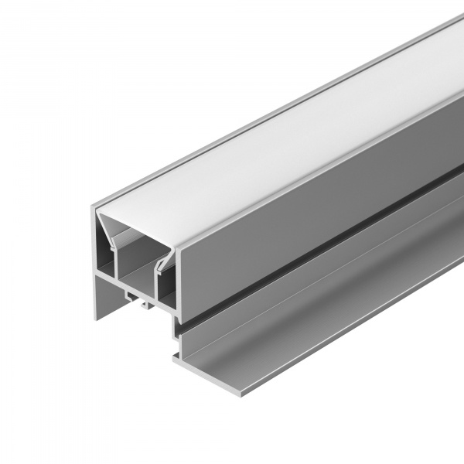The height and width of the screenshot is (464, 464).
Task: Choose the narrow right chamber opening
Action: (x=164, y=288)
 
